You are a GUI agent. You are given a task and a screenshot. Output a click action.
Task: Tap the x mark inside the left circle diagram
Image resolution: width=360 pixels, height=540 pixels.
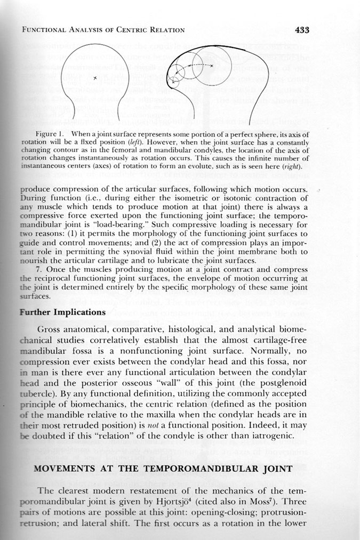(x=95, y=78)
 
